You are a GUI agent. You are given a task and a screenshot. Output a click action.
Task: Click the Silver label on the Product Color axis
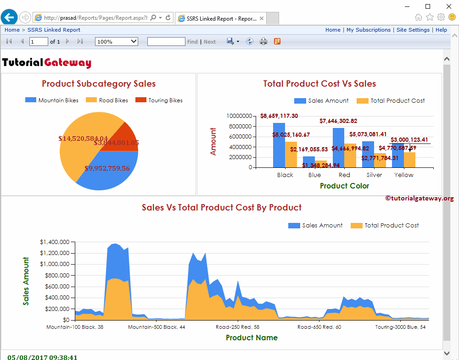click(374, 175)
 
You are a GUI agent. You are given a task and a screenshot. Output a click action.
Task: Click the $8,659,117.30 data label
click(279, 116)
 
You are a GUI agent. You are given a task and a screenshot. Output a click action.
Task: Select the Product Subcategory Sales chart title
click(99, 83)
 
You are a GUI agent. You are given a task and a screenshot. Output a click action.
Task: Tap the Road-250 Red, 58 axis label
click(237, 327)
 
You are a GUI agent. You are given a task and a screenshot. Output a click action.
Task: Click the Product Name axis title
click(252, 338)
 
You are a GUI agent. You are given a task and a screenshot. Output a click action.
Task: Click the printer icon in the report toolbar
click(263, 41)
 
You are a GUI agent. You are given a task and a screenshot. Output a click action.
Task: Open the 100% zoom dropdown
click(117, 41)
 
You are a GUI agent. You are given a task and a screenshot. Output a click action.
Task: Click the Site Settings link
click(413, 30)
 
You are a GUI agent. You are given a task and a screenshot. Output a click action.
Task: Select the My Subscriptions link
click(369, 30)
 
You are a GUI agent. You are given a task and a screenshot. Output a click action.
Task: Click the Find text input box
click(166, 41)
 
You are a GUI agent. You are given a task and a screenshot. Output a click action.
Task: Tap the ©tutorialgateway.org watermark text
click(419, 198)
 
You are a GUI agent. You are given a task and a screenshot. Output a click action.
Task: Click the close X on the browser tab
click(262, 18)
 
